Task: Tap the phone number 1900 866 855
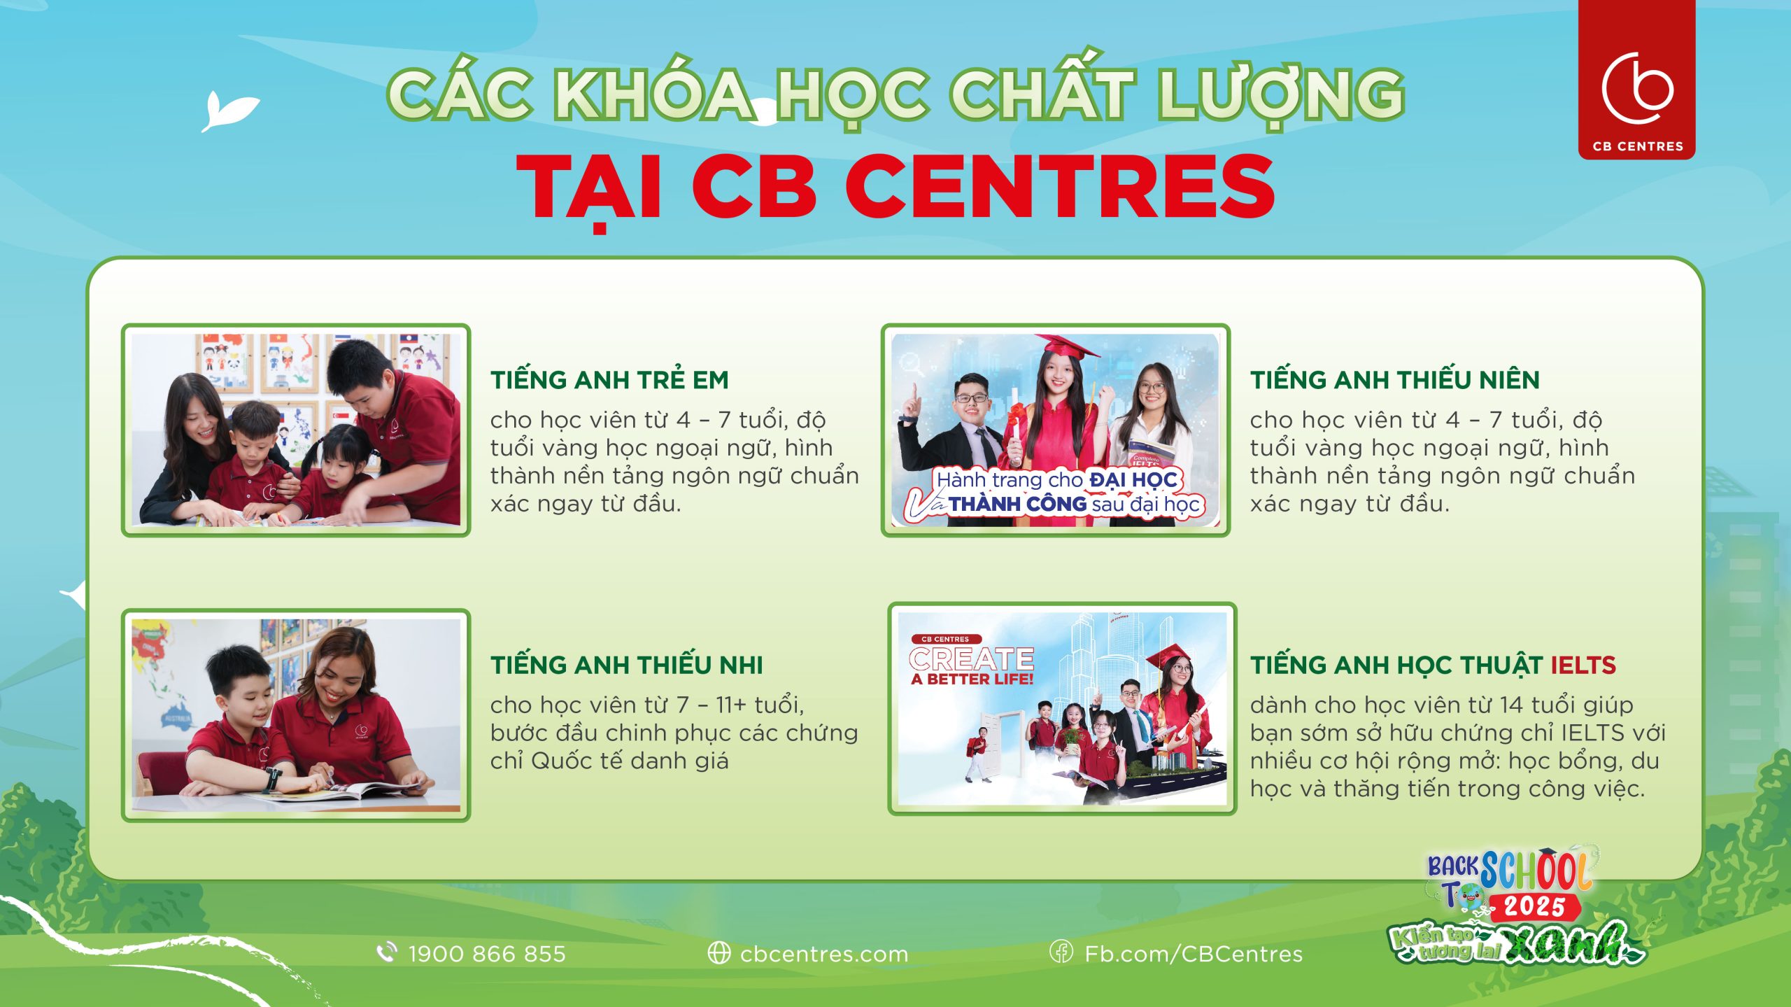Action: pyautogui.click(x=487, y=954)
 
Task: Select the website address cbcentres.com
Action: pyautogui.click(x=824, y=954)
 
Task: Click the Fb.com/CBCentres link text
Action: pyautogui.click(x=1194, y=954)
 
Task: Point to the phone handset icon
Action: pyautogui.click(x=386, y=952)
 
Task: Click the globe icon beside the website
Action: pyautogui.click(x=718, y=953)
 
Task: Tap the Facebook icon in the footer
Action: pyautogui.click(x=1061, y=952)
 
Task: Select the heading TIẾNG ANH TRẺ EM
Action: pyautogui.click(x=609, y=380)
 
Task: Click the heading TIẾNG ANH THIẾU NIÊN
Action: pyautogui.click(x=1395, y=380)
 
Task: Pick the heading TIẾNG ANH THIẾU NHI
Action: pyautogui.click(x=626, y=665)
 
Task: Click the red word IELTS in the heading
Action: pyautogui.click(x=1583, y=666)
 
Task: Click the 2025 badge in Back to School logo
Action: pyautogui.click(x=1534, y=907)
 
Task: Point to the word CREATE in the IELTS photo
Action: pyautogui.click(x=972, y=659)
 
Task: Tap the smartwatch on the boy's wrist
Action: pyautogui.click(x=271, y=778)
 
